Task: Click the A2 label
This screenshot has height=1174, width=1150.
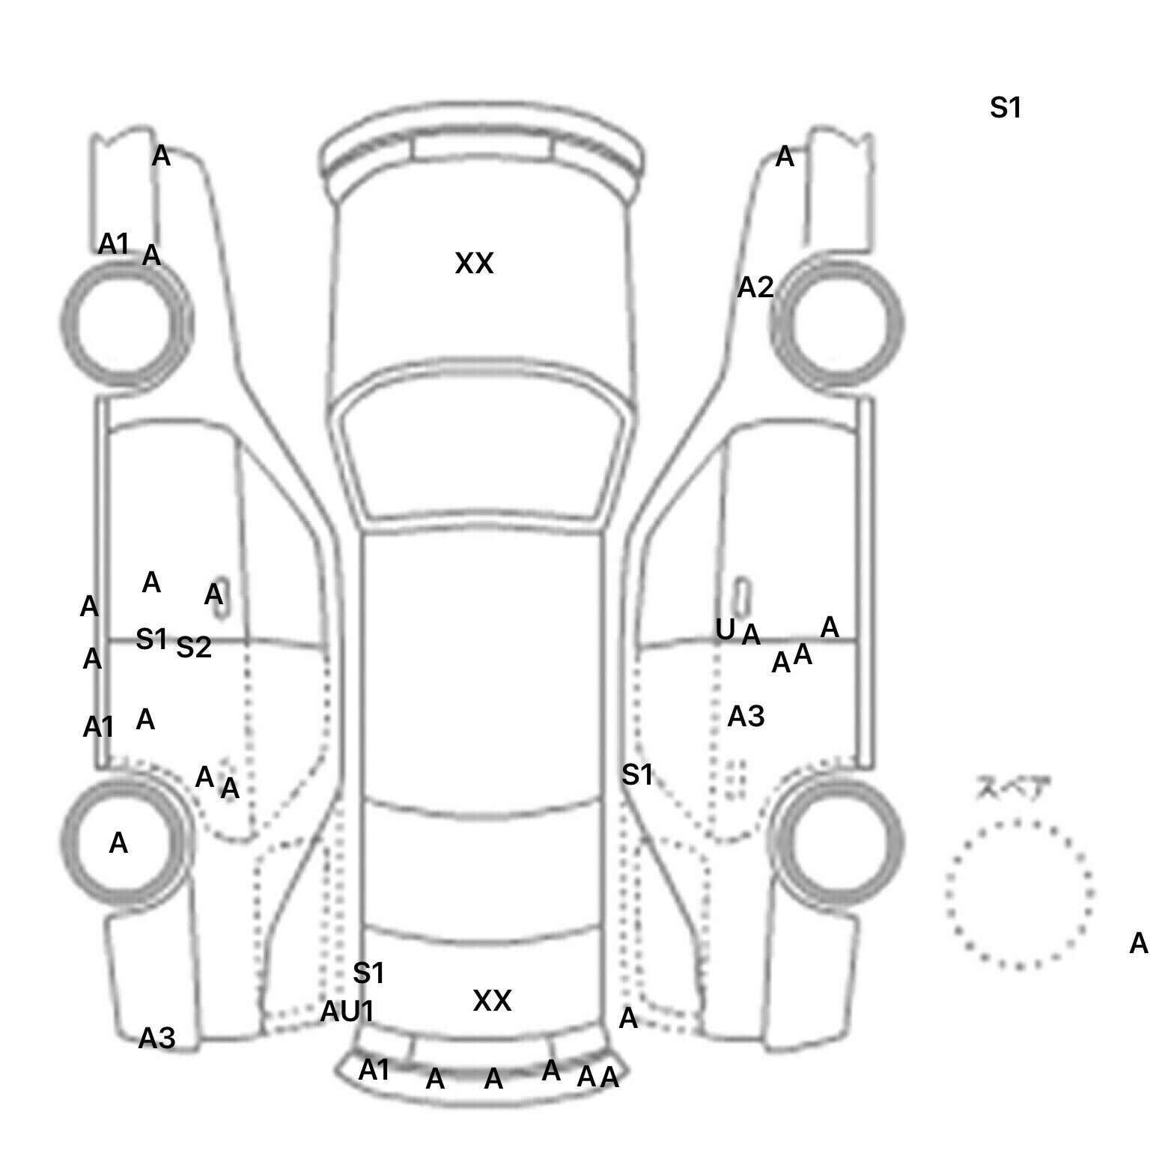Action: pos(755,288)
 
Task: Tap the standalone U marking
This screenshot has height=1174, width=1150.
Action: pos(725,630)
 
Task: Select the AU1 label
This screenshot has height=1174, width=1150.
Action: pos(347,1012)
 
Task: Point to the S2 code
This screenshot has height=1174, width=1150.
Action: pos(194,648)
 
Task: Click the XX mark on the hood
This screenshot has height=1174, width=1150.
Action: pos(474,264)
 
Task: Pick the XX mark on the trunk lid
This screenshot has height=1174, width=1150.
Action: pos(492,1000)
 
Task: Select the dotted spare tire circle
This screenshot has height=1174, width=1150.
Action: pos(1019,894)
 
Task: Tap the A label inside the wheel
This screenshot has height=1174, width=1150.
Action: pos(118,844)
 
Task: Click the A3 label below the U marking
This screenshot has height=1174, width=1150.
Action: pos(746,717)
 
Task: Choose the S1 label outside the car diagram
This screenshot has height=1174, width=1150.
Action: pos(1006,109)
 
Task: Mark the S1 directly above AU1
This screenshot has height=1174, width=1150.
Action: pos(368,973)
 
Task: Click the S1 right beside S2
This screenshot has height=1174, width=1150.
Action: pos(151,639)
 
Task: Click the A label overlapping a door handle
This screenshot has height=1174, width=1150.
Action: pos(214,595)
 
